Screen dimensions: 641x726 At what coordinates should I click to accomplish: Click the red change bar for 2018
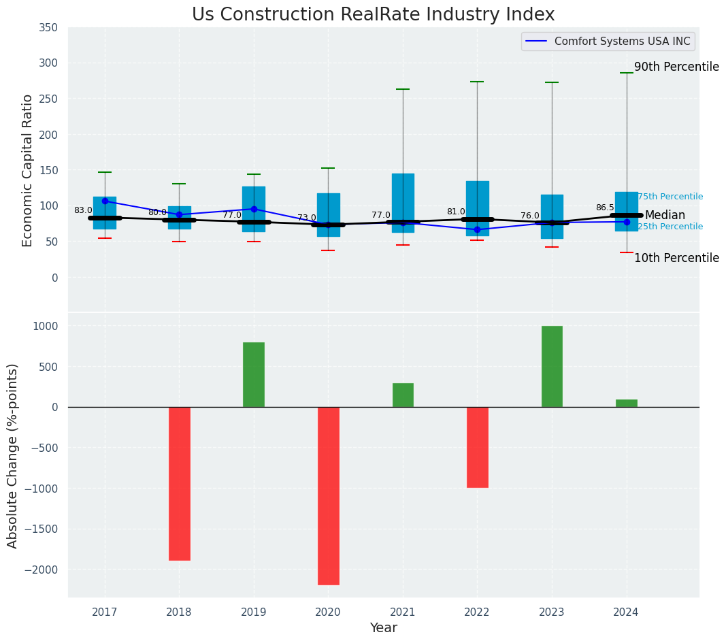tap(179, 483)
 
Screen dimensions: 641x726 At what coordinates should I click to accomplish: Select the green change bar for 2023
tap(552, 366)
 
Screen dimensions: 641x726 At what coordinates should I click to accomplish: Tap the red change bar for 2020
tap(328, 495)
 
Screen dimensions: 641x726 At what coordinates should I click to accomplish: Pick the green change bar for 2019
tap(254, 374)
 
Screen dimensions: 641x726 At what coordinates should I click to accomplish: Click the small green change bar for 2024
tap(626, 403)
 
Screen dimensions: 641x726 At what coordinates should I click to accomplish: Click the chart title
tap(373, 15)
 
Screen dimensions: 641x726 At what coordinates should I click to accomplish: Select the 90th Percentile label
tap(676, 67)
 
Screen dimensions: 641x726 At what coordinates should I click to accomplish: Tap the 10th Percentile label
tap(676, 258)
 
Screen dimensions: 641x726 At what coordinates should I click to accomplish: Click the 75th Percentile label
tap(670, 197)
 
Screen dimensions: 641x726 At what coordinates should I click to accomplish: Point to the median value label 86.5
tap(605, 208)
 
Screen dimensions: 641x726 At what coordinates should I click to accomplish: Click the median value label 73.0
tap(307, 218)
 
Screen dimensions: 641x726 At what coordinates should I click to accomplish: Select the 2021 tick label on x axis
tap(403, 612)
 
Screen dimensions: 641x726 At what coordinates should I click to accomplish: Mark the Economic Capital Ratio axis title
tap(28, 170)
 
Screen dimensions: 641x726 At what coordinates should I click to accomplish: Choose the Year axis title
tap(384, 628)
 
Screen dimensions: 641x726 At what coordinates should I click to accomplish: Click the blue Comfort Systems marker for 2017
tap(105, 201)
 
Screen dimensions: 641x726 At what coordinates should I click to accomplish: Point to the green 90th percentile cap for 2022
tap(477, 82)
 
